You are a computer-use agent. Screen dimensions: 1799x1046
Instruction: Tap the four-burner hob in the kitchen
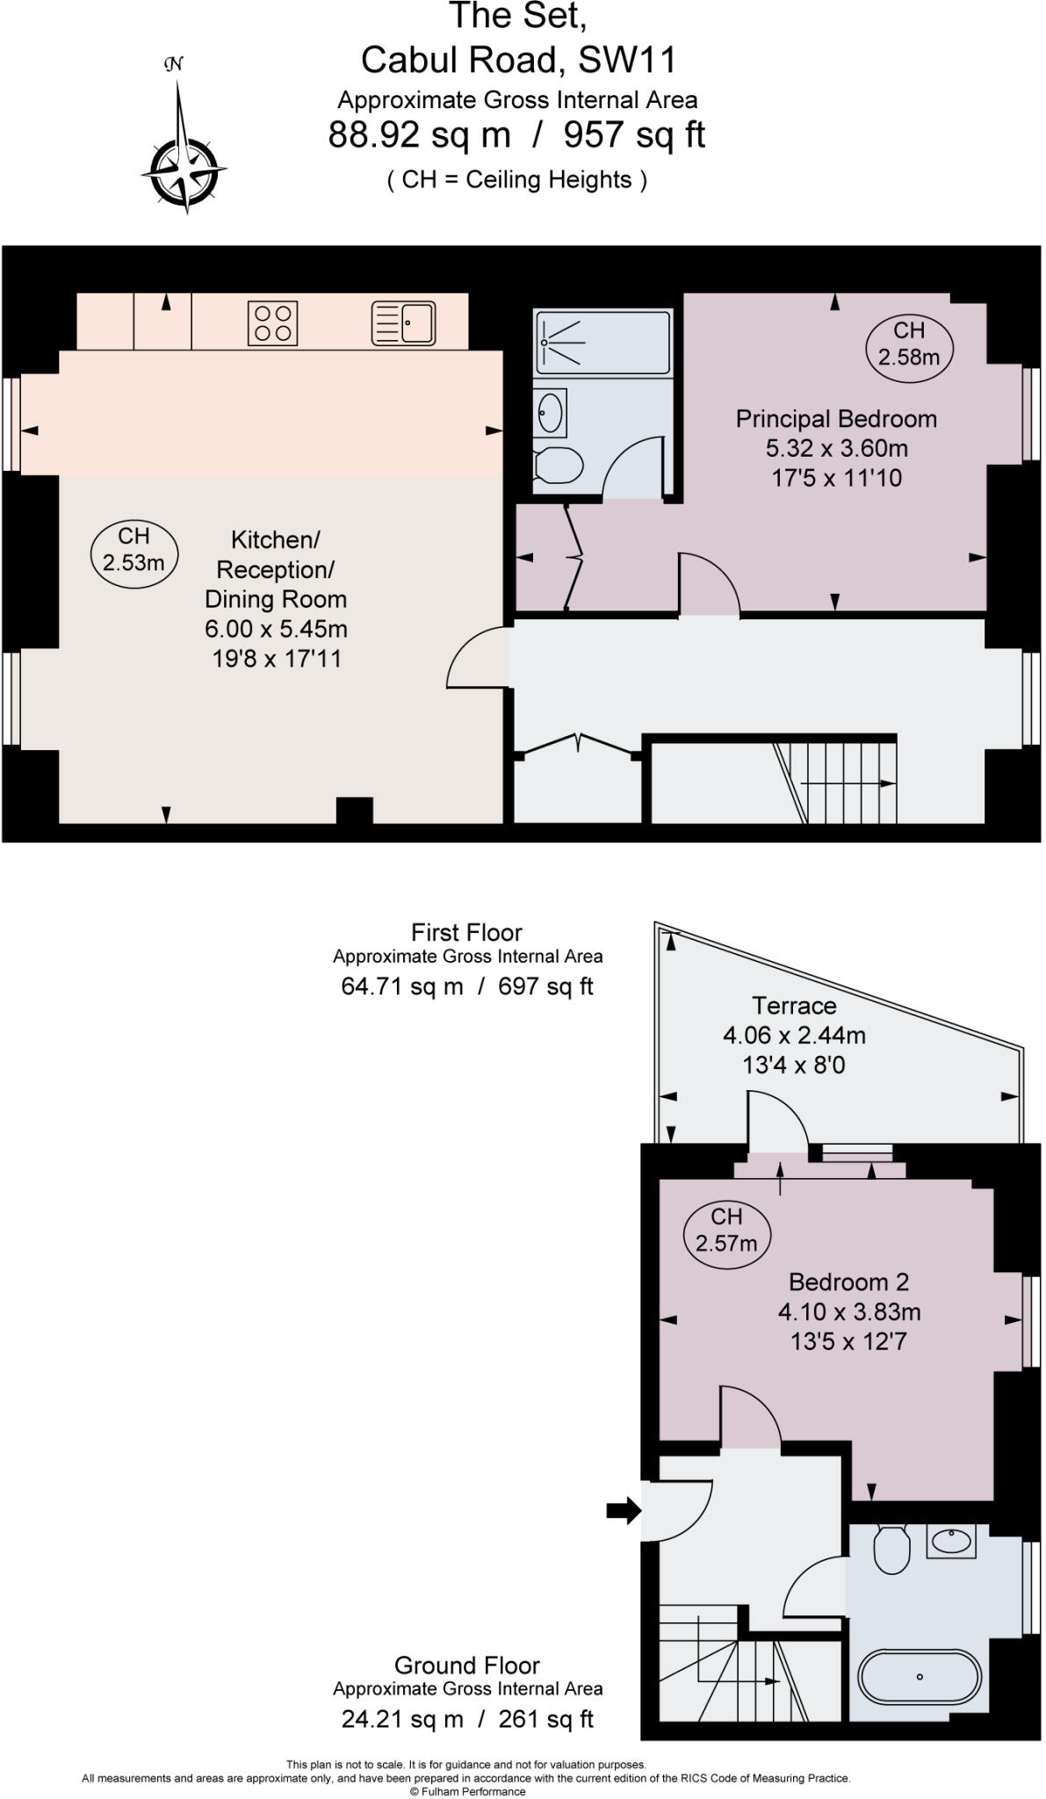(x=272, y=322)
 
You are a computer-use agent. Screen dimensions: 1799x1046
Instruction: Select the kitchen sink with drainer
(x=404, y=322)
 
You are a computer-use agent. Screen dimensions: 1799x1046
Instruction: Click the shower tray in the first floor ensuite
(x=602, y=342)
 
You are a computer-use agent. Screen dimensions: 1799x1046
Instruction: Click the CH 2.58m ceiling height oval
(x=909, y=343)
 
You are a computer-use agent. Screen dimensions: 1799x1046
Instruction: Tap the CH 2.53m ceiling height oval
(x=134, y=550)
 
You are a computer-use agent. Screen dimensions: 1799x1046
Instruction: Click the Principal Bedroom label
(x=835, y=419)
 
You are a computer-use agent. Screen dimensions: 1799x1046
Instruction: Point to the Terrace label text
(x=794, y=1005)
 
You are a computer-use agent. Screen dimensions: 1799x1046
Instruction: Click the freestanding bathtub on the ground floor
(x=919, y=1677)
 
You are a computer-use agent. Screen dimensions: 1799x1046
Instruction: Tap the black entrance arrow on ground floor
(x=624, y=1511)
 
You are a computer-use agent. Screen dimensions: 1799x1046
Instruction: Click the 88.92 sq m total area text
(x=419, y=135)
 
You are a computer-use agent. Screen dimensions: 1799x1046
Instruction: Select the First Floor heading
(x=466, y=932)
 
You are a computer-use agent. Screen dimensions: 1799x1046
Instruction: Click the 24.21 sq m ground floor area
(x=401, y=1719)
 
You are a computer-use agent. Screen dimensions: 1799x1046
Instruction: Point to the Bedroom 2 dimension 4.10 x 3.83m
(x=849, y=1312)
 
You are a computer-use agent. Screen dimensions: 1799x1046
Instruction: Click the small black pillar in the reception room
(x=354, y=810)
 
